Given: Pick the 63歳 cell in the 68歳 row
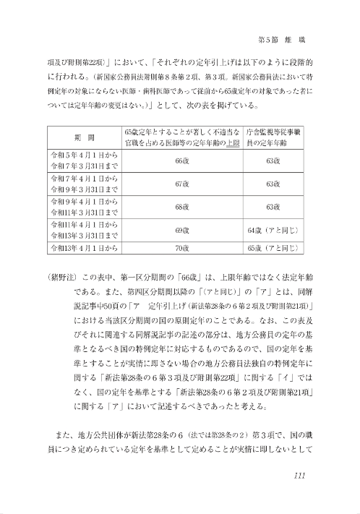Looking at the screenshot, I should (273, 207).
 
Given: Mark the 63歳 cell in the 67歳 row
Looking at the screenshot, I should (273, 184).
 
